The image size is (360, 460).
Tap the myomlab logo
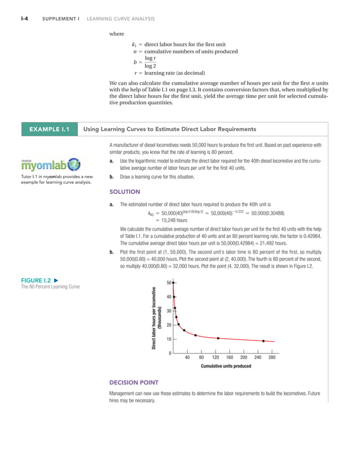pyautogui.click(x=50, y=165)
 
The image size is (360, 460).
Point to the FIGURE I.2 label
pyautogui.click(x=33, y=280)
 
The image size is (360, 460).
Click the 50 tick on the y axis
pyautogui.click(x=169, y=282)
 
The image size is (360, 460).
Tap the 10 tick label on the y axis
pyautogui.click(x=169, y=339)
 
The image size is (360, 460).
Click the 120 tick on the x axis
pyautogui.click(x=215, y=357)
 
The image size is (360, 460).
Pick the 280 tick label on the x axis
pyautogui.click(x=271, y=357)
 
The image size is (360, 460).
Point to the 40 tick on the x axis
pyautogui.click(x=187, y=357)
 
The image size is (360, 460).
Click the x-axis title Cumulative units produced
pyautogui.click(x=226, y=366)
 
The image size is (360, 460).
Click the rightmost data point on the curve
pyautogui.click(x=263, y=340)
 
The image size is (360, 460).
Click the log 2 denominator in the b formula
pyautogui.click(x=150, y=67)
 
